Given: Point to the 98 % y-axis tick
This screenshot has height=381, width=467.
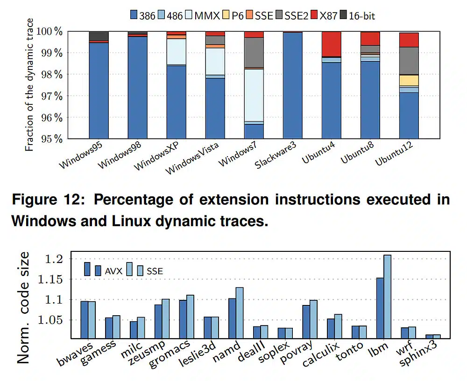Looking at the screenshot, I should pos(53,74).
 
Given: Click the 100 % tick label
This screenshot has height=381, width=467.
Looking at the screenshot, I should pos(51,31).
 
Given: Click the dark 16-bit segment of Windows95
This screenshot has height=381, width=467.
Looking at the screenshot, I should pos(99,36).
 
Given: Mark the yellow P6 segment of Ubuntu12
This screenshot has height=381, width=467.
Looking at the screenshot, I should pos(409,80).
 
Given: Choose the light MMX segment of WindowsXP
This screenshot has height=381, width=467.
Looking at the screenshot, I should pos(177,51).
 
